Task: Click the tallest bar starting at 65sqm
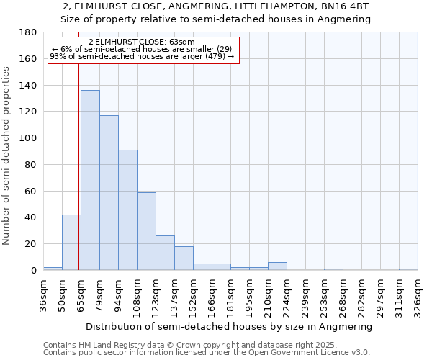[90, 180]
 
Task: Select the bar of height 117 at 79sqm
[109, 193]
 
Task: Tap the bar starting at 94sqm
[127, 210]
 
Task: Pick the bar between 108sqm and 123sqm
[146, 231]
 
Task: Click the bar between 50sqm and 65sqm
[71, 243]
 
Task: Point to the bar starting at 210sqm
[277, 266]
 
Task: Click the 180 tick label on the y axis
[28, 32]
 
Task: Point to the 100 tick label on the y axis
[28, 138]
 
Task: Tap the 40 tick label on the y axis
[31, 217]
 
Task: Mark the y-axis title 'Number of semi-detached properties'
[7, 156]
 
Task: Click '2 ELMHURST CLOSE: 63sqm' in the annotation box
[142, 42]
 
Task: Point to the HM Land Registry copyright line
[205, 345]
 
